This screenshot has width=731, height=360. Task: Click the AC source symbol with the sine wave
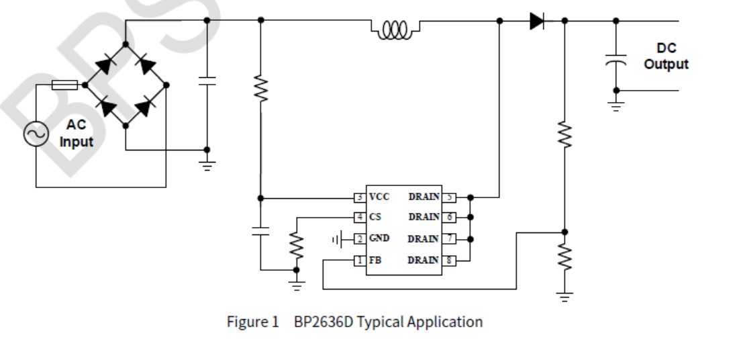(36, 134)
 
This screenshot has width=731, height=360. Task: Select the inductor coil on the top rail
(395, 29)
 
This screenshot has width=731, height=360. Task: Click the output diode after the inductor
(537, 21)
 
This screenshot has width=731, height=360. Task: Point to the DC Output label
(666, 56)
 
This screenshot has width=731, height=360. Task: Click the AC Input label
(77, 134)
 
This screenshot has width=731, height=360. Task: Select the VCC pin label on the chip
(379, 197)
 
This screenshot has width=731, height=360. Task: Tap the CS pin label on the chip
(375, 217)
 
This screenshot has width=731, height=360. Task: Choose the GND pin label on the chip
(379, 238)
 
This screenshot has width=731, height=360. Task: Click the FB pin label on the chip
(375, 260)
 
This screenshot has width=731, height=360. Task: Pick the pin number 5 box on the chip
(448, 197)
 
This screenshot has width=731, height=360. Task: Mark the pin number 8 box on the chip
(448, 260)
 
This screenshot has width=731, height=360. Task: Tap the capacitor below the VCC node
(260, 231)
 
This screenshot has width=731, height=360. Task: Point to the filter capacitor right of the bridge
(207, 81)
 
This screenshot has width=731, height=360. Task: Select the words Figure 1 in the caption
(252, 322)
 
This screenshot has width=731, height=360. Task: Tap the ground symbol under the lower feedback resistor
(565, 296)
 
